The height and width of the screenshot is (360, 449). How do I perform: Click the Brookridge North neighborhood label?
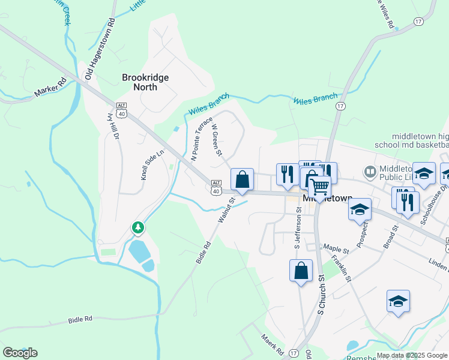click(145, 82)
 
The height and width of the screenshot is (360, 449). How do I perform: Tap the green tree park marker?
click(139, 227)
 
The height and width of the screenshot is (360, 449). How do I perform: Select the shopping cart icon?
click(319, 187)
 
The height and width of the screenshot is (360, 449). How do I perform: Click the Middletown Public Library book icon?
click(370, 173)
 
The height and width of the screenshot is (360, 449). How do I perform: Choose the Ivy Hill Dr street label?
click(113, 127)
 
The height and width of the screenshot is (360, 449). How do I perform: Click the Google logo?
click(20, 353)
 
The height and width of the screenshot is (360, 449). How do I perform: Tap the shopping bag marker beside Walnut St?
click(242, 179)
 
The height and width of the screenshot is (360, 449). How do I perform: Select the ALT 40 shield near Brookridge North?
click(122, 111)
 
